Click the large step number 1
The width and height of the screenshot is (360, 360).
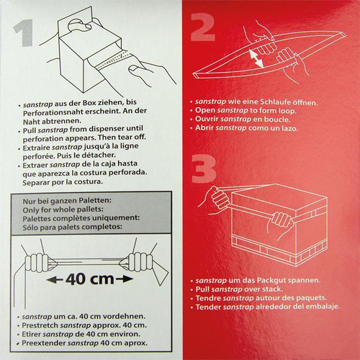24,32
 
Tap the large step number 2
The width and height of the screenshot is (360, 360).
203,27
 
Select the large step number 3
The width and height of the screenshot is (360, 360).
204,169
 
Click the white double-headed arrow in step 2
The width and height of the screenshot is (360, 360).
256,58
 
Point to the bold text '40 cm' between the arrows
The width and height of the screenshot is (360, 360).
90,279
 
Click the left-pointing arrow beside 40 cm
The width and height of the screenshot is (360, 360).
55,279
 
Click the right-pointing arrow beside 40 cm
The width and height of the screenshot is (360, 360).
125,279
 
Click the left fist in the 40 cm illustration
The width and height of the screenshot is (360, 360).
38,262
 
